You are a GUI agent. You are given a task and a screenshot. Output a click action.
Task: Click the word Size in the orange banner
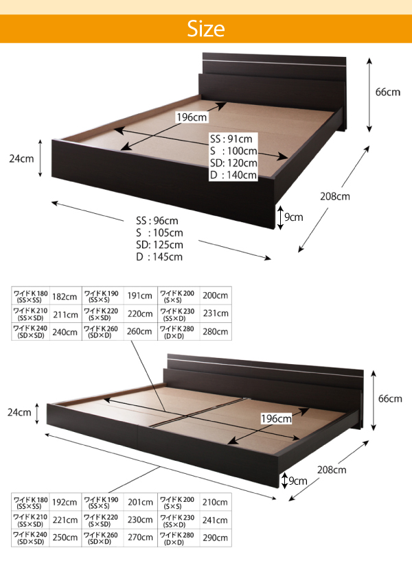(x=206, y=29)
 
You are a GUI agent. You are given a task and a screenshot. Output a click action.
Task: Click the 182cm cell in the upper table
(x=65, y=296)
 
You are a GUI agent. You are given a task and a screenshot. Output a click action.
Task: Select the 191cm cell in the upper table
(x=139, y=296)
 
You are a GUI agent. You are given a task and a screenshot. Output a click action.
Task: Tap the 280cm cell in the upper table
(x=215, y=331)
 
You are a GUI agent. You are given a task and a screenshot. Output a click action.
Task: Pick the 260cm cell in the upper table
(x=139, y=331)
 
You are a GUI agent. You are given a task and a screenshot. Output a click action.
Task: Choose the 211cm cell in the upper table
(x=65, y=315)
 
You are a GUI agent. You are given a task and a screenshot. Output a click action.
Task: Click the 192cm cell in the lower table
(x=65, y=503)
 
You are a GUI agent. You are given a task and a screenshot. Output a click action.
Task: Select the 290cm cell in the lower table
(x=215, y=538)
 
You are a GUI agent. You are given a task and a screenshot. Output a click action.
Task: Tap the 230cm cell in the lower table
(x=140, y=520)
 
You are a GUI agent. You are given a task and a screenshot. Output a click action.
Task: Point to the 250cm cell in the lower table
(x=65, y=538)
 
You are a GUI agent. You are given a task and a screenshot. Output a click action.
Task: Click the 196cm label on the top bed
(x=192, y=117)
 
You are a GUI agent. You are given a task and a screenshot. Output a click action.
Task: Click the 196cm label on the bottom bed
(x=276, y=419)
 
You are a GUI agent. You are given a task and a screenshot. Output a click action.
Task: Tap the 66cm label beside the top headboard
(x=388, y=93)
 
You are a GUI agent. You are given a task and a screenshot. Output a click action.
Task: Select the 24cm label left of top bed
(x=21, y=158)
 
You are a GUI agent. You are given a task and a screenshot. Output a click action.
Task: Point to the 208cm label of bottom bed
(x=332, y=470)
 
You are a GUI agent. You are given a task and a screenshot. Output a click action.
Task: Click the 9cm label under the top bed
(x=294, y=217)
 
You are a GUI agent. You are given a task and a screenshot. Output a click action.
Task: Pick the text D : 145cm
(x=159, y=257)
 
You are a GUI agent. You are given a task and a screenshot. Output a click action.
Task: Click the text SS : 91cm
(x=231, y=139)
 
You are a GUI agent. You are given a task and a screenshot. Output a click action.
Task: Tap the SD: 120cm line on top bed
(x=233, y=163)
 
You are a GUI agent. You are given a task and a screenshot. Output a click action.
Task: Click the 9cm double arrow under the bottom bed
(x=285, y=481)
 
